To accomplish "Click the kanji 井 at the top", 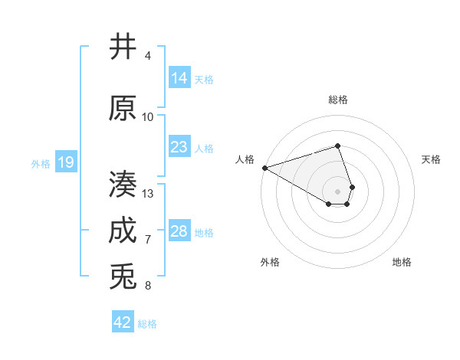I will coord(123,47).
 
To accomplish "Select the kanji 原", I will coord(123,108).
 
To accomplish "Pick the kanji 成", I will coord(123,231).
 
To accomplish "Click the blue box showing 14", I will coord(179,77).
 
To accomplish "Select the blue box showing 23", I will coord(179,146).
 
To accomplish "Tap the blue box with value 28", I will coord(179,231).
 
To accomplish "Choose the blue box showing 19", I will coord(65,162).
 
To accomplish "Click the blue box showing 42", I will coord(123,322).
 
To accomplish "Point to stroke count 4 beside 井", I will coord(148,56).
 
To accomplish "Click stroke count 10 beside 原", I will coord(148,116).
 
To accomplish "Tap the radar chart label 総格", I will coord(338,100).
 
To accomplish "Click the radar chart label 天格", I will coord(432,159).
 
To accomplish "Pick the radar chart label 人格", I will coord(245,159).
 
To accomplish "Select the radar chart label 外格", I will coord(270,262).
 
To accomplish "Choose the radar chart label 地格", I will coord(402,262).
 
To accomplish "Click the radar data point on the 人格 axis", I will coord(264,167).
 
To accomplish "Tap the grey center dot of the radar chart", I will coord(337,191).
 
